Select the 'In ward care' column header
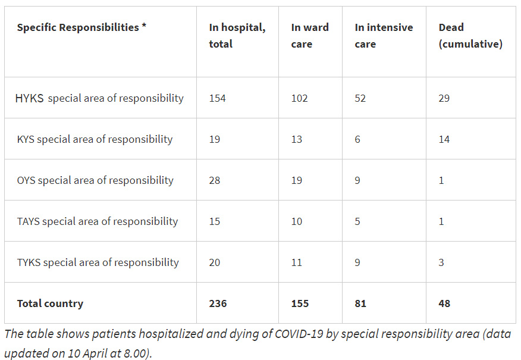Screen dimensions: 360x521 point(309,36)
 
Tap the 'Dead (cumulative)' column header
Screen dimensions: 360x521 point(470,36)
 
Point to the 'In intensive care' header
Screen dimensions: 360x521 point(384,36)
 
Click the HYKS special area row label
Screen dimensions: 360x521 point(99,98)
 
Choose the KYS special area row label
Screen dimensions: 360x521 point(95,139)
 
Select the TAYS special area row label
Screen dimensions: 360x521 point(98,221)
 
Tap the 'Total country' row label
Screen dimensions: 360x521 point(50,303)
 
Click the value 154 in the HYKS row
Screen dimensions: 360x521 point(217,98)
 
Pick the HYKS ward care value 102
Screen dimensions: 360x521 point(299,98)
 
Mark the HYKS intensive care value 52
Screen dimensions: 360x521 point(360,98)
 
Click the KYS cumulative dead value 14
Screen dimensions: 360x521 point(444,139)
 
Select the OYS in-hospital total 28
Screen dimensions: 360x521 point(214,180)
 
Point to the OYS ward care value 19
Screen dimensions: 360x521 point(296,180)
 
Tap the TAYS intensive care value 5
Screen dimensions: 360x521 point(357,221)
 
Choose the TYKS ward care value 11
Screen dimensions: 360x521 point(296,262)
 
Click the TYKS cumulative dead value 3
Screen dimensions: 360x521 point(441,262)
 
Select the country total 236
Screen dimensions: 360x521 point(218,303)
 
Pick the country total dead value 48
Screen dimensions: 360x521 point(444,303)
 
